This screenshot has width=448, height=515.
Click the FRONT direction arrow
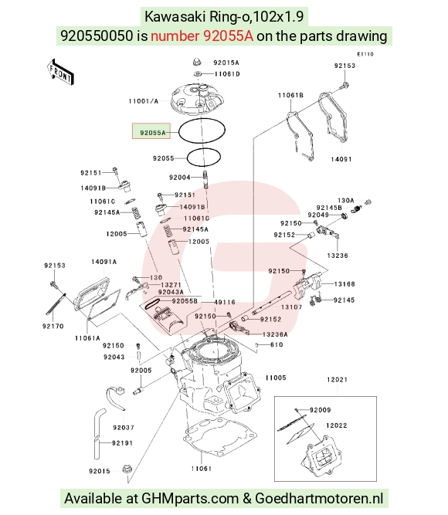60,73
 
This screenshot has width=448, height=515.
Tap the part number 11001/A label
144,101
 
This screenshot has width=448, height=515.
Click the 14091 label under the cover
341,159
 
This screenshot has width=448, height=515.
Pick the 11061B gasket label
290,95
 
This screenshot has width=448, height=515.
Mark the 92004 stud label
180,178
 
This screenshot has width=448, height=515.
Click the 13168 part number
344,284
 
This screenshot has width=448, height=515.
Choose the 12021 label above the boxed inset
337,380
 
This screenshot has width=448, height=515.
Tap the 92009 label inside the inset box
320,410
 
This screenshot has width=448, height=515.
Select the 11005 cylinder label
276,378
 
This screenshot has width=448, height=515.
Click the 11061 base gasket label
201,469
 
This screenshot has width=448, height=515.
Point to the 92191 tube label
122,443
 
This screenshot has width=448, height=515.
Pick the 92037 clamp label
124,428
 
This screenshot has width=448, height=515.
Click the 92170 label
53,326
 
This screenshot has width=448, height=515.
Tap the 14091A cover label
104,262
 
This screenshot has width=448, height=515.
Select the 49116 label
225,302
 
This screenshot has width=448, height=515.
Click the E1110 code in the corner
365,54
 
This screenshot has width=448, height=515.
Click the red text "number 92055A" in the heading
202,36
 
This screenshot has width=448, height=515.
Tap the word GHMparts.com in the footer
190,499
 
